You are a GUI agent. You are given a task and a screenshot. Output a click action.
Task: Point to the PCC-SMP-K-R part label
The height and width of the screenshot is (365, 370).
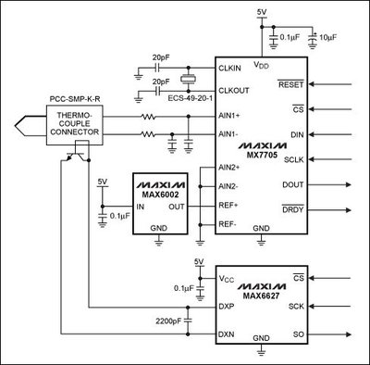coord(74,94)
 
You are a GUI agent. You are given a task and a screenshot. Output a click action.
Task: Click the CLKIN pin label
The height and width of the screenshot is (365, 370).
coord(231,69)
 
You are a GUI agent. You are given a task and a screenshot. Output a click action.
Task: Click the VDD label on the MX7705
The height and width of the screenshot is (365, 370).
coord(261,66)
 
